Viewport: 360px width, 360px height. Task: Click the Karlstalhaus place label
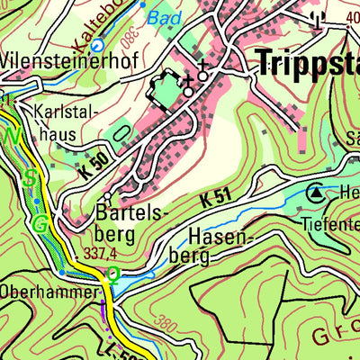(x=64, y=124)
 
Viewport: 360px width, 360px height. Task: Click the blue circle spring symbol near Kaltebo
(x=97, y=44)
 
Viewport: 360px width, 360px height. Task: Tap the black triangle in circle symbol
(x=316, y=192)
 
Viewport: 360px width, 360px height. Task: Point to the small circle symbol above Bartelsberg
(x=107, y=195)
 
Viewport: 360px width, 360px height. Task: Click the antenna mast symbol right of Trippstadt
(x=315, y=18)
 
